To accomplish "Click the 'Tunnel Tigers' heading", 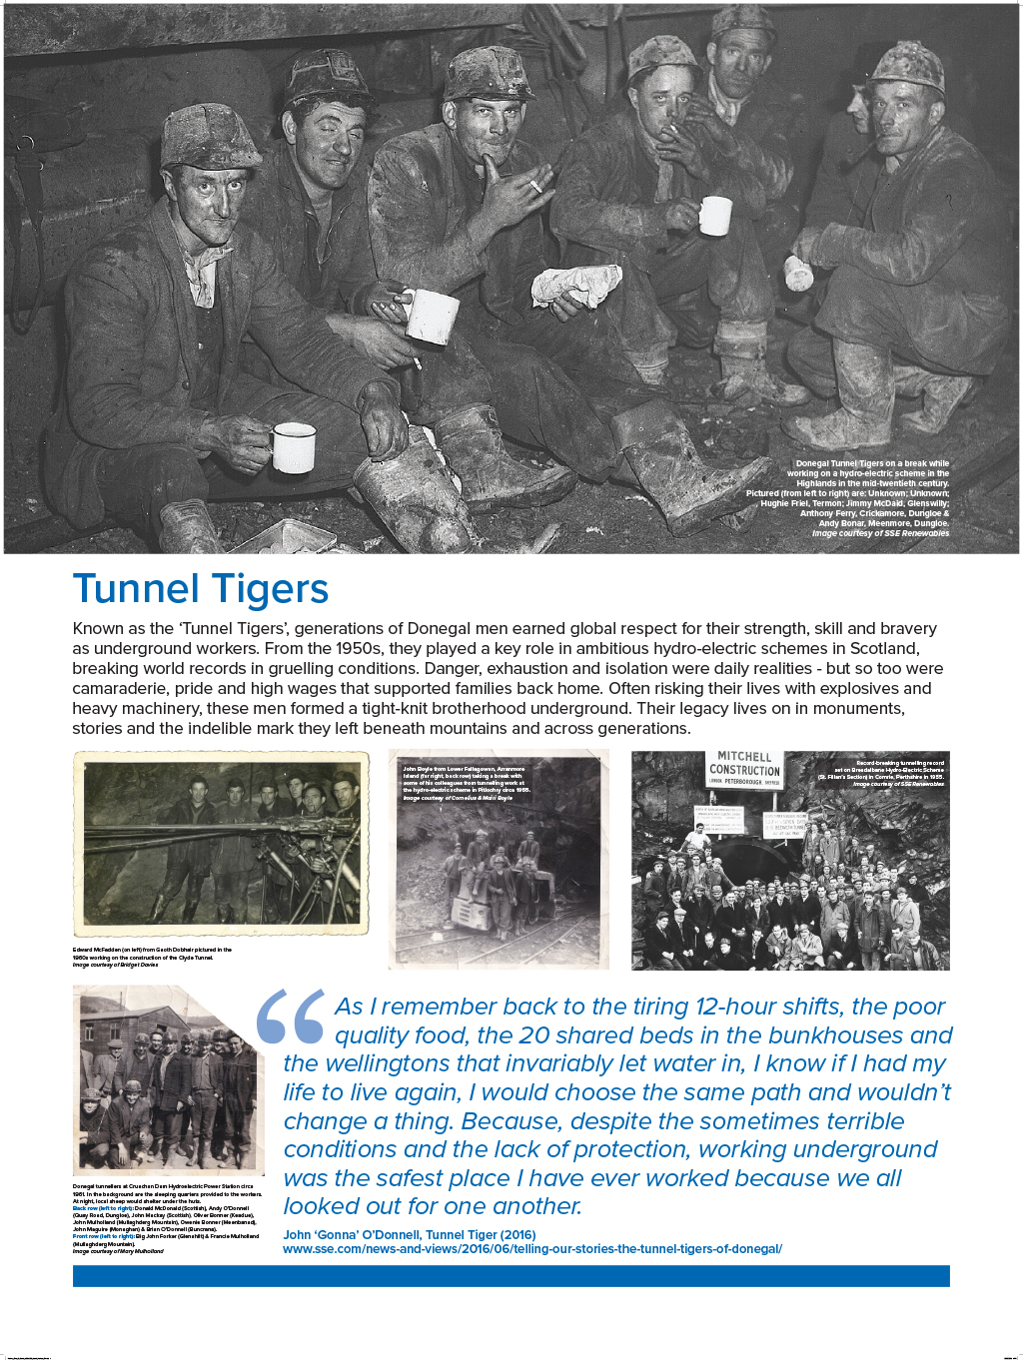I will click(x=200, y=589).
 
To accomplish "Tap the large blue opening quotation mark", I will click(x=290, y=1017).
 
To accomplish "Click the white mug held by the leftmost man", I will click(x=293, y=447).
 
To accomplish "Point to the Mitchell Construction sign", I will click(x=744, y=768).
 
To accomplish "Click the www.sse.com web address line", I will click(x=531, y=1249).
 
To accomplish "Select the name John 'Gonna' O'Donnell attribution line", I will click(x=410, y=1235).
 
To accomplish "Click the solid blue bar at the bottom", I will click(x=511, y=1275).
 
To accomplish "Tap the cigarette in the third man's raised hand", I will click(x=535, y=186).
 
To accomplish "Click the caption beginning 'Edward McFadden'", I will click(x=150, y=951).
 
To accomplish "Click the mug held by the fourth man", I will click(x=715, y=216).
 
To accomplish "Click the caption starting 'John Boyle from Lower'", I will click(x=465, y=770).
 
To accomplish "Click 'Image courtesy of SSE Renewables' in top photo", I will click(x=880, y=533).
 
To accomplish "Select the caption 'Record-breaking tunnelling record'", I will click(x=899, y=763).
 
